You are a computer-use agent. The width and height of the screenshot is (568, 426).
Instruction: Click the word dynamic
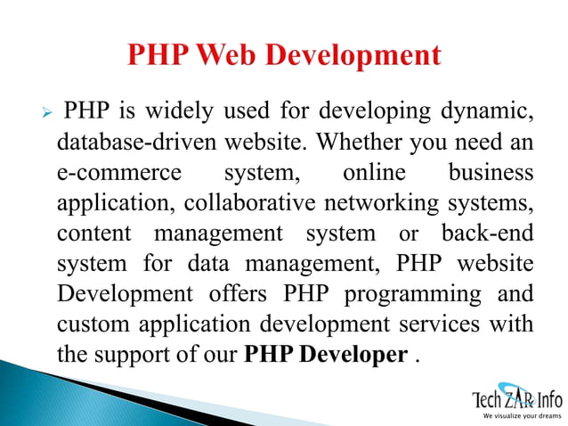coord(488,113)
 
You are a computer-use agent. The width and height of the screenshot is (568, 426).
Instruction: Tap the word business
coord(491,172)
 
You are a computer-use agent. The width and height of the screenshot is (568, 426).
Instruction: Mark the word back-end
coord(488,233)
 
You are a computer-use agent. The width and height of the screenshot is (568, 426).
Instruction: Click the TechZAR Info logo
coord(516,395)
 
